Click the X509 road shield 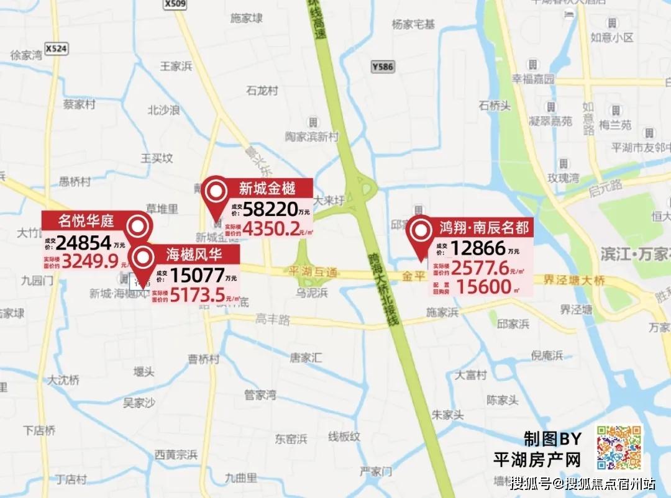click(176, 4)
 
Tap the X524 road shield click(57, 48)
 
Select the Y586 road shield click(382, 66)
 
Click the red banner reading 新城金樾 click(267, 188)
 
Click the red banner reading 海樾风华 click(193, 253)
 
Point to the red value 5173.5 click(197, 296)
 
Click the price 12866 click(478, 248)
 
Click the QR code click(619, 448)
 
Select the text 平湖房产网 click(537, 460)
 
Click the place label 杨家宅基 click(413, 25)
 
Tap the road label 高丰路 click(273, 320)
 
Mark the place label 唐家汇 click(307, 358)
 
